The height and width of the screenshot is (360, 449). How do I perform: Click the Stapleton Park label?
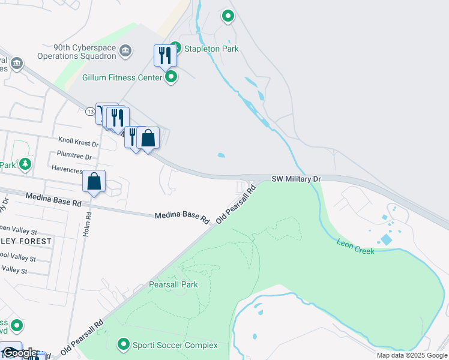click(211, 49)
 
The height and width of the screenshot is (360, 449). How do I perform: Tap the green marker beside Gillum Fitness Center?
click(171, 76)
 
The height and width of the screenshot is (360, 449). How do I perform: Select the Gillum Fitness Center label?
click(122, 77)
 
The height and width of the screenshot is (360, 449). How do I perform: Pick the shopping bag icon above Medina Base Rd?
click(94, 181)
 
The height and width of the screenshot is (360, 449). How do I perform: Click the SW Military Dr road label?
click(297, 179)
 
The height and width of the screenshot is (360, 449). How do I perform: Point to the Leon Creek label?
click(355, 246)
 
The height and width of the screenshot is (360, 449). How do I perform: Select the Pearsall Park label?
click(173, 285)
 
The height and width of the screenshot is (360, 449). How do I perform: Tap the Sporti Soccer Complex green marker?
click(124, 344)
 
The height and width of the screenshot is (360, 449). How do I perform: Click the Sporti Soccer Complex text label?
click(175, 345)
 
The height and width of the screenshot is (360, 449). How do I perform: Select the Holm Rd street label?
click(88, 226)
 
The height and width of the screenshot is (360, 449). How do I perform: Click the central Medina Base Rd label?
click(181, 215)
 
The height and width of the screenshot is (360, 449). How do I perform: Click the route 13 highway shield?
click(89, 111)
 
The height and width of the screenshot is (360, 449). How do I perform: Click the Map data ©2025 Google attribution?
click(412, 355)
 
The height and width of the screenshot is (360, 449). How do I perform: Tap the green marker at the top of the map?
click(228, 16)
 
